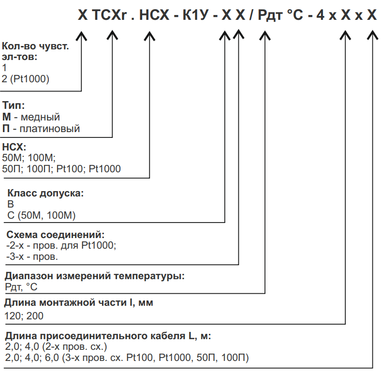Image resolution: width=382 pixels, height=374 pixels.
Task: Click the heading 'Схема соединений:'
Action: click(x=56, y=235)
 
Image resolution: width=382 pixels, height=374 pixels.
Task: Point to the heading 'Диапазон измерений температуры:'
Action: click(x=95, y=276)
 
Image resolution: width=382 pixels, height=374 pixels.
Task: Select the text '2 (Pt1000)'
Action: click(x=26, y=79)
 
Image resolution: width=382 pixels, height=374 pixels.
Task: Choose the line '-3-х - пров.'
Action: click(x=32, y=256)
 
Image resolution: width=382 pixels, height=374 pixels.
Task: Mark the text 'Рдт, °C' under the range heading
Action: click(x=21, y=287)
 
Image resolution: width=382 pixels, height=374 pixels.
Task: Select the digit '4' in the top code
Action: click(x=320, y=15)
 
